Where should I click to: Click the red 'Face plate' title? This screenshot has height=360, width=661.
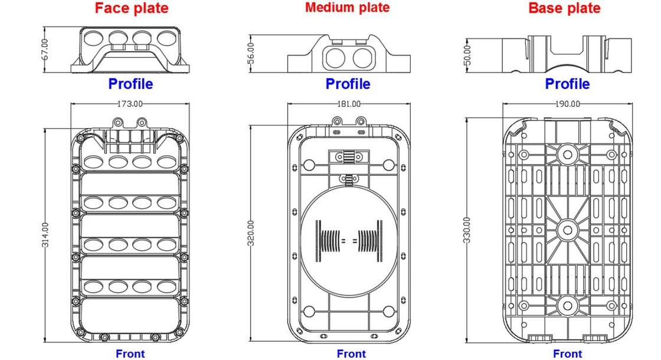pyautogui.click(x=132, y=8)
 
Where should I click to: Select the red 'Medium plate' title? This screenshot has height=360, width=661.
pyautogui.click(x=347, y=8)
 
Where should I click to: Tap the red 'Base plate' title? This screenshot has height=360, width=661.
pyautogui.click(x=564, y=8)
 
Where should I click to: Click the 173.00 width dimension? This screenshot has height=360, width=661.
pyautogui.click(x=130, y=104)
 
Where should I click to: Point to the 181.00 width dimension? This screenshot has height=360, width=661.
pyautogui.click(x=348, y=104)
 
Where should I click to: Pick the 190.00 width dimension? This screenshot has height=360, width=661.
pyautogui.click(x=567, y=104)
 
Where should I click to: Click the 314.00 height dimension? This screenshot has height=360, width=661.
pyautogui.click(x=46, y=235)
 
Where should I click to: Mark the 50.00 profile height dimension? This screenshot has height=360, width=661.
pyautogui.click(x=468, y=54)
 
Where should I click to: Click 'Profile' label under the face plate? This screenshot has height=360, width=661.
pyautogui.click(x=130, y=84)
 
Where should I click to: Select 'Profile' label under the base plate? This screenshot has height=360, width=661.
pyautogui.click(x=567, y=84)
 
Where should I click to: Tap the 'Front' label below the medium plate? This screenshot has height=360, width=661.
pyautogui.click(x=351, y=354)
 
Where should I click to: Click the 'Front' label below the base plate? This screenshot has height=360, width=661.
pyautogui.click(x=567, y=354)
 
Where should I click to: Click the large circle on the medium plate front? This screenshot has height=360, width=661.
pyautogui.click(x=348, y=240)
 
